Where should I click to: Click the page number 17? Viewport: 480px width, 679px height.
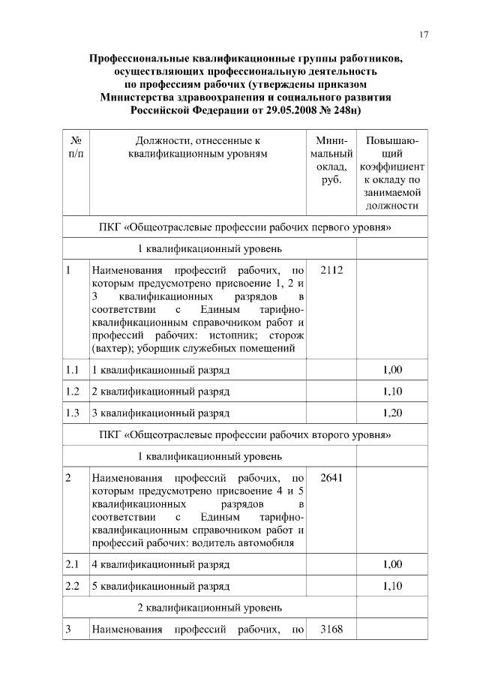(424, 35)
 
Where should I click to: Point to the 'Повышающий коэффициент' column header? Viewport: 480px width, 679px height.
(392, 173)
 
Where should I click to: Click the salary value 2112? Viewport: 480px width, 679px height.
(331, 270)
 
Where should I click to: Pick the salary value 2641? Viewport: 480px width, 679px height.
(331, 478)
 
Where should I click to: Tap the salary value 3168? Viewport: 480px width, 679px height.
(331, 629)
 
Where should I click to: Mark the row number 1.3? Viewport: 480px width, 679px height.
(73, 413)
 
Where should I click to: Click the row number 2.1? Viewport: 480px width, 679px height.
(73, 564)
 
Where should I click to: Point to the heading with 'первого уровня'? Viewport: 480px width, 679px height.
(246, 227)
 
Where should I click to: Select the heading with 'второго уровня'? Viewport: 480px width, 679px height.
(246, 434)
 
